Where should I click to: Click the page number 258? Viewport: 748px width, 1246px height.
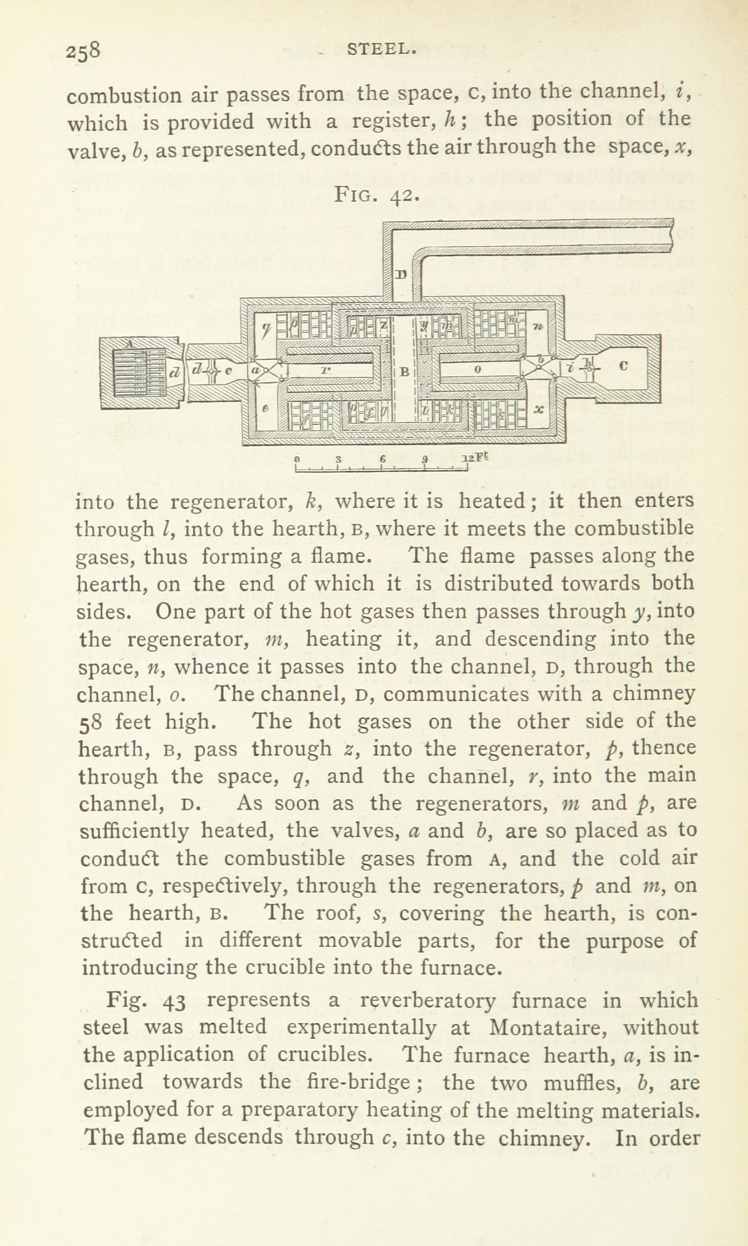pyautogui.click(x=83, y=52)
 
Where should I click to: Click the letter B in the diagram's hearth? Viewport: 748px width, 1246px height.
pyautogui.click(x=405, y=371)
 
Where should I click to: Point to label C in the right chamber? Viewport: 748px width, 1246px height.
pyautogui.click(x=624, y=366)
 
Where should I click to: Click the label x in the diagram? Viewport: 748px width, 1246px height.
pyautogui.click(x=537, y=409)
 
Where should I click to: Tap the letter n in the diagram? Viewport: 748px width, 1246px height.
pyautogui.click(x=538, y=326)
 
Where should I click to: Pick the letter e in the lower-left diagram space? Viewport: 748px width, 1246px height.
pyautogui.click(x=265, y=409)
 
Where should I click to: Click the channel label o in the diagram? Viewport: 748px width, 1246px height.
pyautogui.click(x=477, y=369)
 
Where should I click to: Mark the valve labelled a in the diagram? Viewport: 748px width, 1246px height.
pyautogui.click(x=256, y=370)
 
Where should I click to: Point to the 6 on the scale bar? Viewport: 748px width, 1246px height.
pyautogui.click(x=381, y=459)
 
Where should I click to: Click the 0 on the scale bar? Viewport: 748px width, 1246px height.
pyautogui.click(x=296, y=459)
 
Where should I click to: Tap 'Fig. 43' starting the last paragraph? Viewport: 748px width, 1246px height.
pyautogui.click(x=146, y=1001)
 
